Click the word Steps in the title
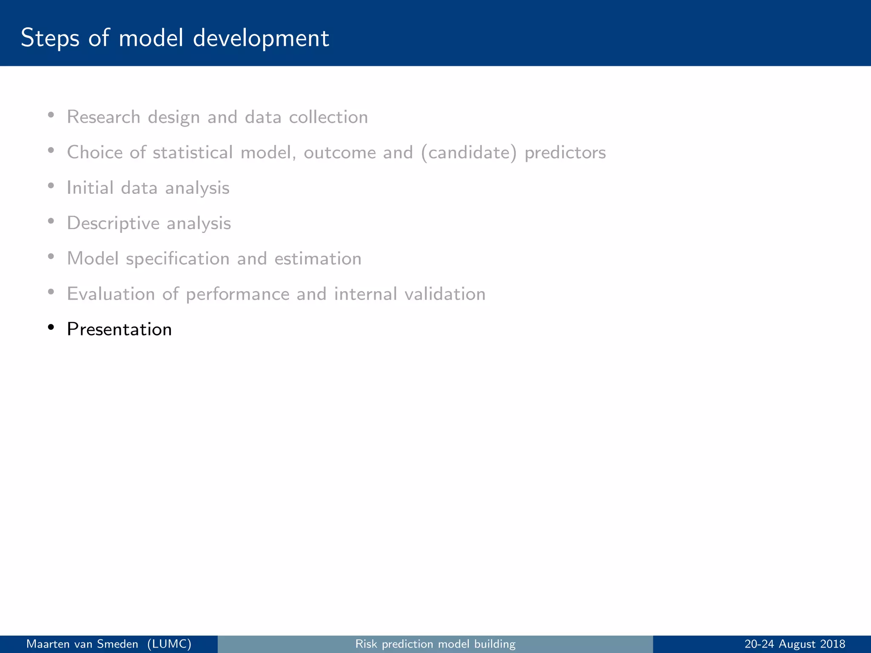(x=50, y=38)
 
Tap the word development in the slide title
(x=261, y=38)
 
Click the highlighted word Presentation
(x=119, y=329)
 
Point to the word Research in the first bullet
(x=103, y=117)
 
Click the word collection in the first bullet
(x=328, y=117)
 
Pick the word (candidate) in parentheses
(x=469, y=153)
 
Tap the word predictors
(x=565, y=153)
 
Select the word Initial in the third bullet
(x=90, y=188)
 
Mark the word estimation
(x=318, y=258)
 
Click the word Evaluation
(x=111, y=294)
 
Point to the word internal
(x=365, y=294)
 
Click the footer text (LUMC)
(x=169, y=644)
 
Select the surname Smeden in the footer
(x=117, y=644)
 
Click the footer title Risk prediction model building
(x=435, y=644)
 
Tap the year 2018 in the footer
(x=832, y=644)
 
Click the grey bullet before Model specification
(x=51, y=256)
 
